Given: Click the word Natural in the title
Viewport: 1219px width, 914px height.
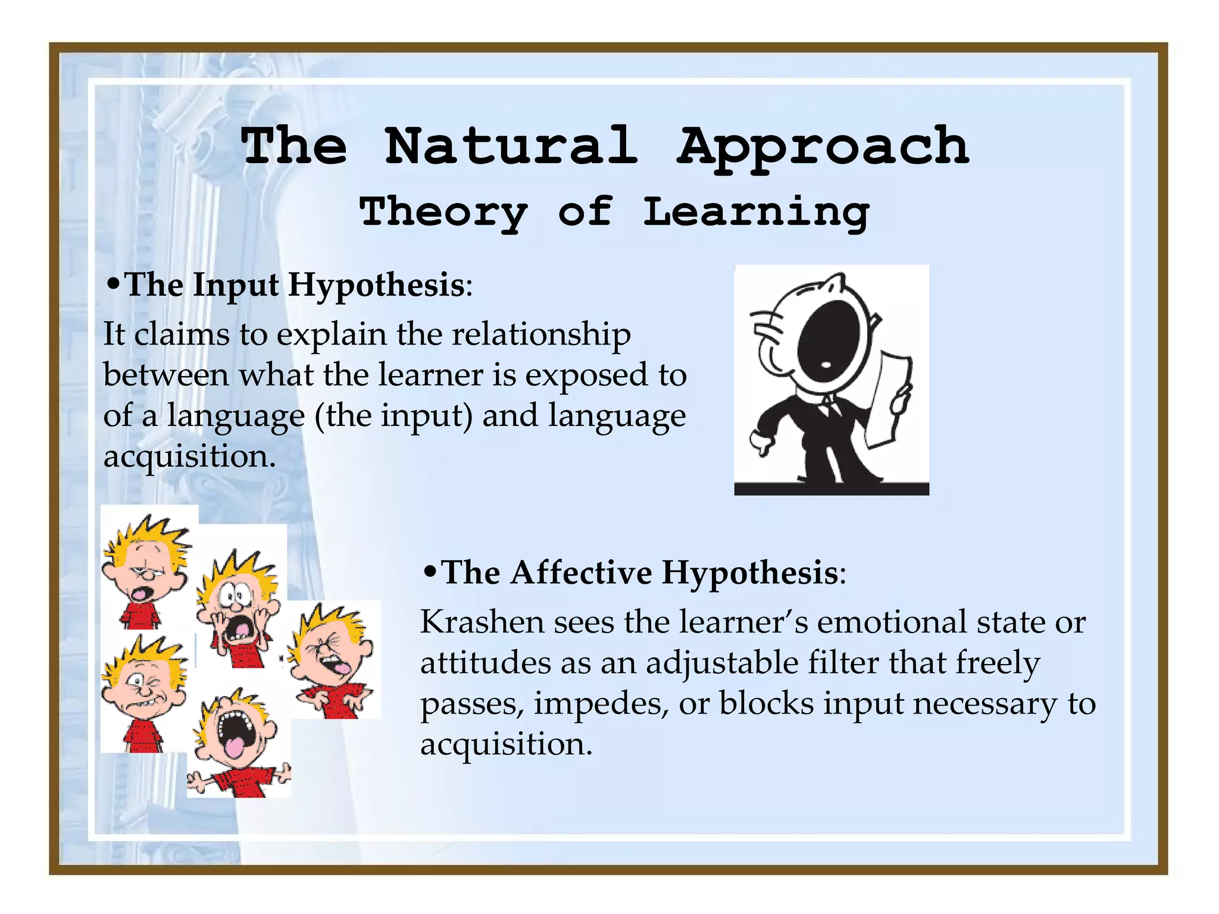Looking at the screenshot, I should pyautogui.click(x=511, y=146).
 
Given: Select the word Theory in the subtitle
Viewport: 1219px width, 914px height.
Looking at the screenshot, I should pyautogui.click(x=443, y=212).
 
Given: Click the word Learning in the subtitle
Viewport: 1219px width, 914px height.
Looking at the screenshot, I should pyautogui.click(x=756, y=212).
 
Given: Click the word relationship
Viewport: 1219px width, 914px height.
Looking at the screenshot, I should pyautogui.click(x=541, y=334).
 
